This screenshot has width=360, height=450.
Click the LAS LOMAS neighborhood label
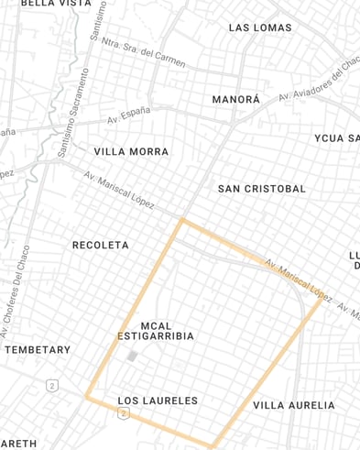click(x=260, y=27)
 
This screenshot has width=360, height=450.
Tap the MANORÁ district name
click(x=236, y=99)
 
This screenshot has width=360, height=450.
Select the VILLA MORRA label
click(x=131, y=151)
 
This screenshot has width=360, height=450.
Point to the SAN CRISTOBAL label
click(x=262, y=189)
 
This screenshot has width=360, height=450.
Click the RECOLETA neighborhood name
click(x=101, y=246)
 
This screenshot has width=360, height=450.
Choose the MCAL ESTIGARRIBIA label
click(x=156, y=331)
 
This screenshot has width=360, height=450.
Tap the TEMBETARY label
click(x=38, y=350)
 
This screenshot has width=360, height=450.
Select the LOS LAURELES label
click(x=158, y=401)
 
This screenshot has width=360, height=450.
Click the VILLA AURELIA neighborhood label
click(x=294, y=405)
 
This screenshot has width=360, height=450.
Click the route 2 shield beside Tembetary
click(x=51, y=386)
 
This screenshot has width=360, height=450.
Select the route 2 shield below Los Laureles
click(x=124, y=414)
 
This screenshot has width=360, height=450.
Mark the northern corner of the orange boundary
click(x=182, y=220)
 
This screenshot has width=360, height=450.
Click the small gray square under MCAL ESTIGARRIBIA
click(x=132, y=355)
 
